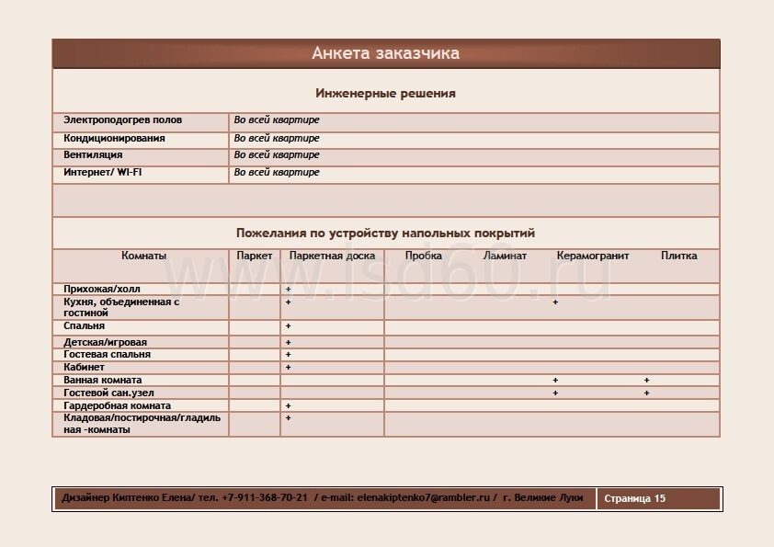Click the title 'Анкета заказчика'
coord(385,53)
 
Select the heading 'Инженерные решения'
coord(385,94)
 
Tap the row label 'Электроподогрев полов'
coord(122,120)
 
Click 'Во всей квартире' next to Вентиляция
coord(277,155)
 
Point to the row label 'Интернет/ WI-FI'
coord(102,173)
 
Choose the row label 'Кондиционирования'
coord(114,139)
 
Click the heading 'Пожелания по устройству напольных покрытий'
coord(385,234)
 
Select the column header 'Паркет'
coord(255,256)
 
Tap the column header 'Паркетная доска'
coord(332,256)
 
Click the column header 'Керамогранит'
coord(593,256)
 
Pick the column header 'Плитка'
coord(678,256)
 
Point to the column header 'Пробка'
coord(424,256)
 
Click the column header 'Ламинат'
coord(505,256)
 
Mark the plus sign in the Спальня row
coord(288,326)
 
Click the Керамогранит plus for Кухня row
coord(555,302)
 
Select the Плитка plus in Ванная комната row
coord(646,381)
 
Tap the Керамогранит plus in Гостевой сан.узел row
coord(555,393)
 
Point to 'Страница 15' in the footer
coord(634,499)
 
